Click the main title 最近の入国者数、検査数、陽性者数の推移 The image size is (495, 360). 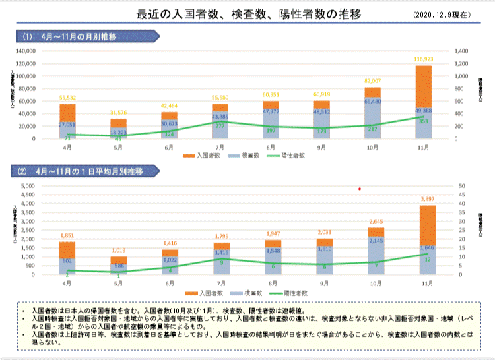pyautogui.click(x=248, y=15)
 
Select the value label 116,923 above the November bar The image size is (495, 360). pyautogui.click(x=424, y=59)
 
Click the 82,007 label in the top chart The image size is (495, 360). pyautogui.click(x=373, y=81)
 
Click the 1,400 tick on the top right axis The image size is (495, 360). pyautogui.click(x=460, y=51)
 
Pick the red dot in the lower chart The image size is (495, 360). pyautogui.click(x=360, y=189)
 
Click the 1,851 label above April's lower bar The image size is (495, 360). pyautogui.click(x=67, y=235)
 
